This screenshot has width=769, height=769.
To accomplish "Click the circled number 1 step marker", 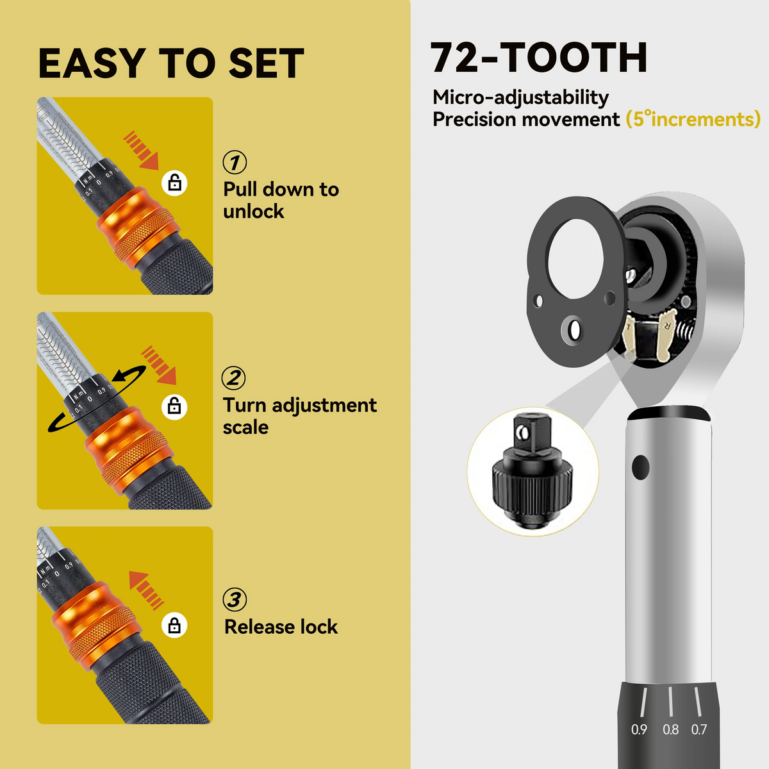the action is (235, 162).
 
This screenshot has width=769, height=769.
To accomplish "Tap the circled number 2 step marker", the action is (234, 378).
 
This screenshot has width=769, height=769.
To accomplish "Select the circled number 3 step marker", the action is (235, 599).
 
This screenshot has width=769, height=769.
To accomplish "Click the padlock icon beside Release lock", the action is (174, 625).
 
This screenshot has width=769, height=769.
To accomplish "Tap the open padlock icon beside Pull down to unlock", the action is (174, 183).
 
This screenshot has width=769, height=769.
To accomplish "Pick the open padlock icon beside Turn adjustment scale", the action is (174, 407).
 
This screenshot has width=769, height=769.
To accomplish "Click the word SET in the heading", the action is (266, 63).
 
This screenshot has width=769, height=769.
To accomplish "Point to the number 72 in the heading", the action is (454, 58).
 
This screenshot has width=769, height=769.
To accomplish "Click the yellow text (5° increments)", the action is (693, 119).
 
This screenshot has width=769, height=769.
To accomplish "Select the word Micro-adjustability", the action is (521, 97).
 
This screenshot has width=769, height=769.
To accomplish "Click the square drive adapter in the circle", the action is (532, 471).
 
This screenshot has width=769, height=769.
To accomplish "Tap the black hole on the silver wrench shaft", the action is (640, 467).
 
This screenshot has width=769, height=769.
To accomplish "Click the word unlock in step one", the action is (253, 211).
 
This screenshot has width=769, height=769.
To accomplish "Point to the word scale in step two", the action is (245, 427).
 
